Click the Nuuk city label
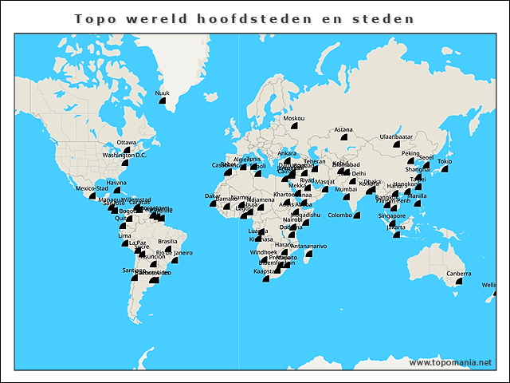pos(162,93)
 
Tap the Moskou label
pos(294,118)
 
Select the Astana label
pos(343,129)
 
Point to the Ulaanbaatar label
pos(396,136)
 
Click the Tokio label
pos(445,162)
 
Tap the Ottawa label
pos(127,142)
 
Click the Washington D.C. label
pos(124,155)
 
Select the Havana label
pos(116,182)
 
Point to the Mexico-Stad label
pos(91,188)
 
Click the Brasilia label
pos(167,241)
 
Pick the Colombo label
pos(340,215)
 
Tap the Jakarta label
pos(395,227)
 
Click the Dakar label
pos(213,195)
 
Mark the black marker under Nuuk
pos(163,101)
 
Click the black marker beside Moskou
pos(294,126)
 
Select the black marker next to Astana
pos(344,137)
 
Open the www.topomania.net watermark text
pos(450,363)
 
